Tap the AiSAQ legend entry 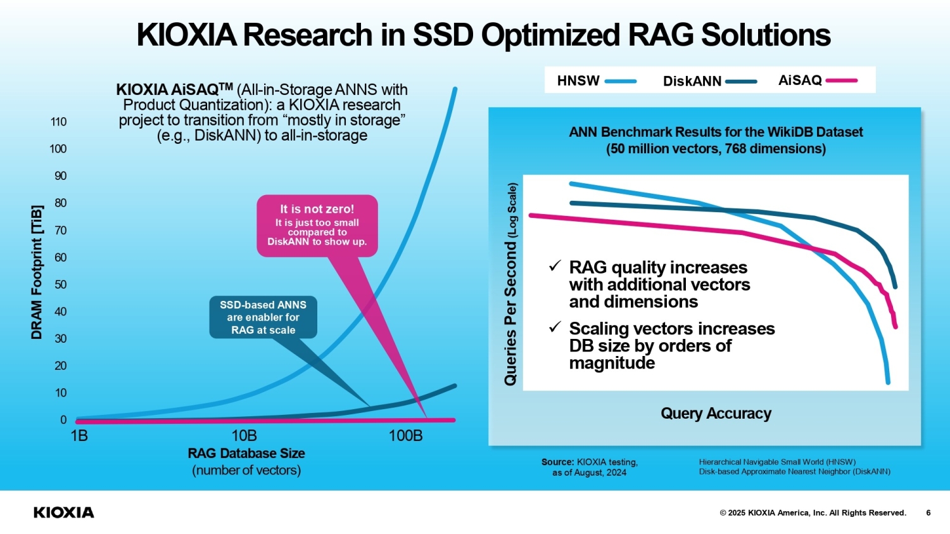point(817,80)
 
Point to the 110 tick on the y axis point(58,122)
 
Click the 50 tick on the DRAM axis point(60,284)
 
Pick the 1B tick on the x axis point(79,436)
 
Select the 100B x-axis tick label point(405,436)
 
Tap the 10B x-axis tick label point(244,436)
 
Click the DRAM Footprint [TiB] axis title point(37,272)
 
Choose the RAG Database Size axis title point(246,454)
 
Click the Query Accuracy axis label point(716,414)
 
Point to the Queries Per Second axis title point(510,285)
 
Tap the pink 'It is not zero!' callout point(317,226)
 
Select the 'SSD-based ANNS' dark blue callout point(263,317)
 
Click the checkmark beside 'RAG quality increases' point(555,266)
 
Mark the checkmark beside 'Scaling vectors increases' point(555,327)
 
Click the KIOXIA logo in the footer point(63,512)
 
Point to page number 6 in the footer point(928,512)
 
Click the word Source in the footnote point(557,462)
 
